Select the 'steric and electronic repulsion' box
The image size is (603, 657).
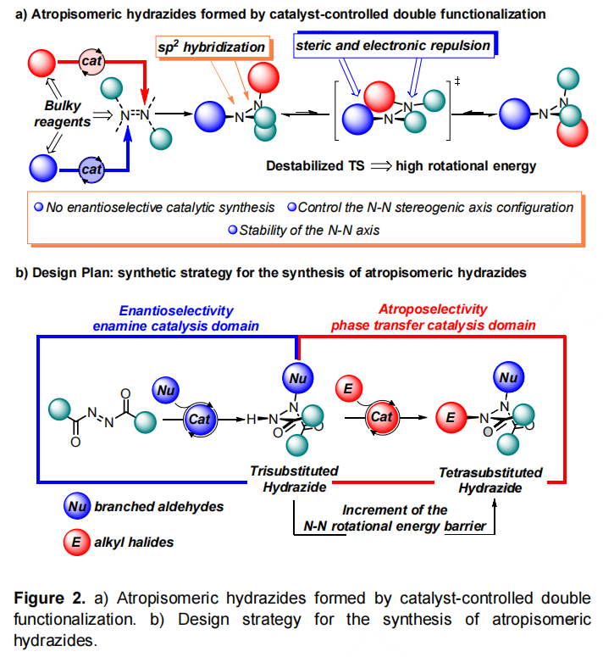(x=392, y=45)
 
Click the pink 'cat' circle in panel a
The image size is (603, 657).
(x=91, y=61)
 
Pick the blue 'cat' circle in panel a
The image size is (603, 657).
(x=91, y=170)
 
